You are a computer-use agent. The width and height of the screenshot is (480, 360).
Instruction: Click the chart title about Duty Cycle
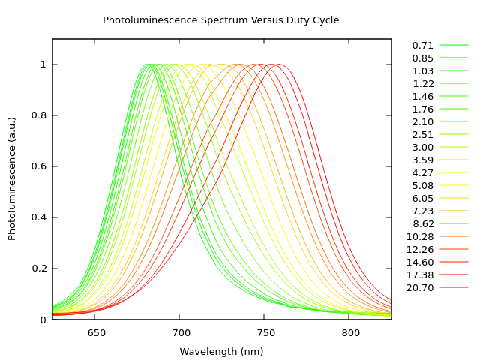[220, 20]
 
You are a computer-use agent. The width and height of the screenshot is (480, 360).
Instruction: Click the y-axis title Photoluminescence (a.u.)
[12, 178]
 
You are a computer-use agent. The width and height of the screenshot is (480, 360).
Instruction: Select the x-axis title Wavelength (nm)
[221, 351]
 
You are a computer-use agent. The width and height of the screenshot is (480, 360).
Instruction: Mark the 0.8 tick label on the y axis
[38, 115]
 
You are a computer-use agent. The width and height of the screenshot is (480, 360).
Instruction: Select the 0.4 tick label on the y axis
[38, 217]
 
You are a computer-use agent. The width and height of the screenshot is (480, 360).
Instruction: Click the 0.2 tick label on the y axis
[38, 268]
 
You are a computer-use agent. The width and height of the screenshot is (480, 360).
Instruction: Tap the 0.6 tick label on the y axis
[38, 166]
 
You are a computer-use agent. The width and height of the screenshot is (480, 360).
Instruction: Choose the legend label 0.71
[423, 46]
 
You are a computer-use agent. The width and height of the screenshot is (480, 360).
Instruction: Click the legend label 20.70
[420, 287]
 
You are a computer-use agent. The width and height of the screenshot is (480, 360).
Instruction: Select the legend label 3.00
[423, 148]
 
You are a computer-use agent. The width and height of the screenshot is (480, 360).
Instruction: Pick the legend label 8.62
[423, 223]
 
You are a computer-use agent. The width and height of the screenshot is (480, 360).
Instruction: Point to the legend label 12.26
[420, 249]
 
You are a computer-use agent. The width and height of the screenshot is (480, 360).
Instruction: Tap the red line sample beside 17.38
[454, 274]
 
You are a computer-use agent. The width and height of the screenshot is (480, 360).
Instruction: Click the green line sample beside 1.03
[454, 71]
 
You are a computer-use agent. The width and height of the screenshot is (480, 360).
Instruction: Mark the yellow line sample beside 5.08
[454, 185]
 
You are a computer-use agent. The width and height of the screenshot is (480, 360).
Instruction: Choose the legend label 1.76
[423, 109]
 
